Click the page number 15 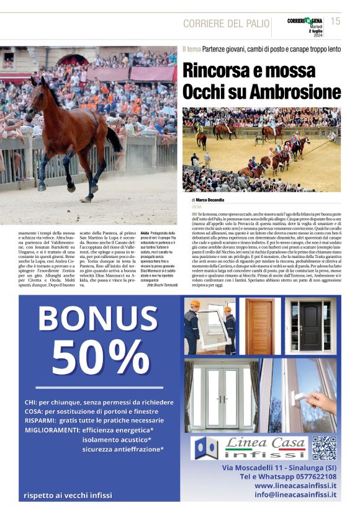(x=336, y=22)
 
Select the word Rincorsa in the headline (x=217, y=70)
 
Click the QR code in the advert (x=324, y=447)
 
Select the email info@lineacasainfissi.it (x=295, y=494)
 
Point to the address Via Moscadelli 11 (x=256, y=466)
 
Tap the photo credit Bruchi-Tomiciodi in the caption (x=162, y=285)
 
